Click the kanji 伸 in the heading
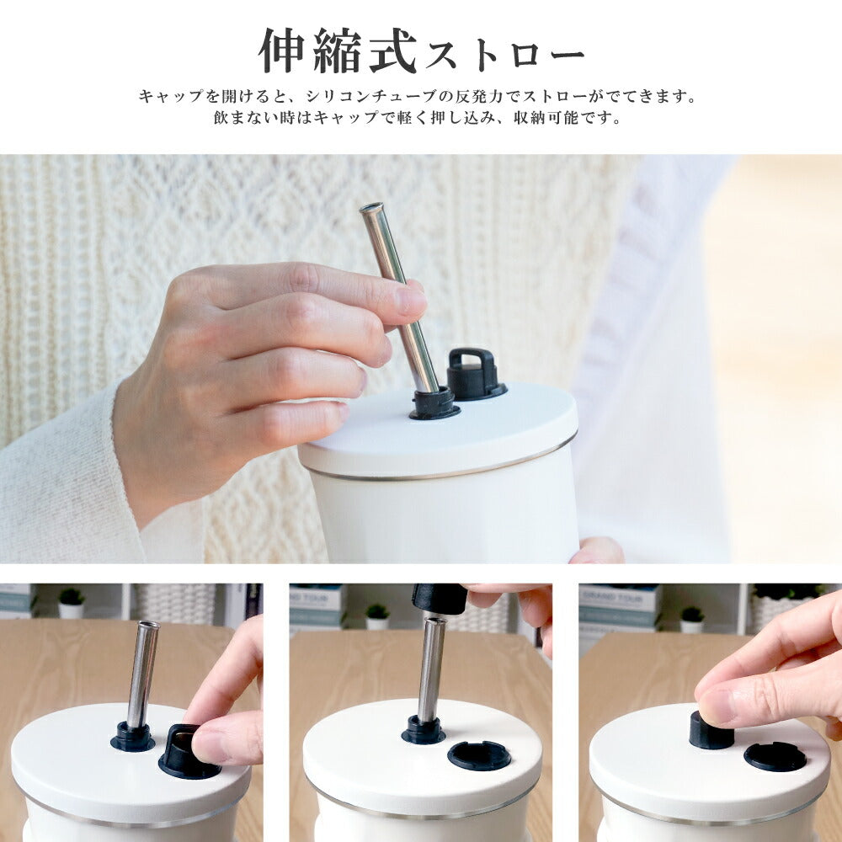(282, 51)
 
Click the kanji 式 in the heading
(393, 51)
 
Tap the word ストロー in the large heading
(504, 56)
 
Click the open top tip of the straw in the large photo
(371, 207)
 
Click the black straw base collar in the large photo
(434, 403)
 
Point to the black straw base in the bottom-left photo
(132, 737)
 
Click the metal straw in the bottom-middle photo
(432, 669)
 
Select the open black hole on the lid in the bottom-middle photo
(479, 755)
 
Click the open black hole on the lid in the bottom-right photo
(775, 757)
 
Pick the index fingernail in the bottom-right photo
(716, 706)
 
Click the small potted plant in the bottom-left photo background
(72, 603)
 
